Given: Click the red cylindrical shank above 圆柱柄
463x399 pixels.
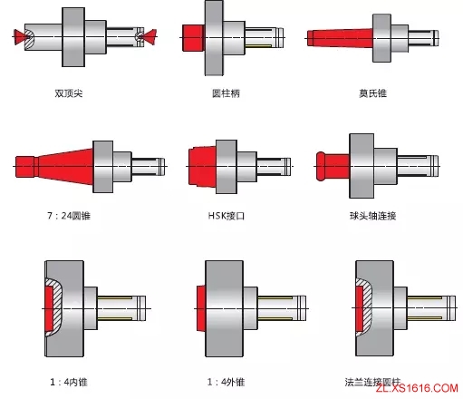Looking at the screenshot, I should (x=193, y=37).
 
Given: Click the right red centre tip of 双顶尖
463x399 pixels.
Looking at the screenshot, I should (x=148, y=36).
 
